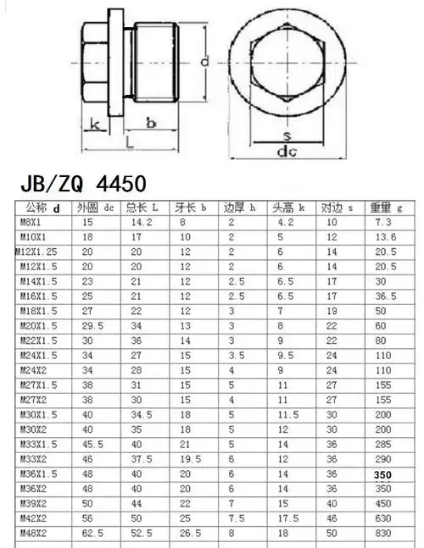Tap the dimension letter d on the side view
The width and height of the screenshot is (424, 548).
204,62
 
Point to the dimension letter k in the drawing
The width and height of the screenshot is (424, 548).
95,125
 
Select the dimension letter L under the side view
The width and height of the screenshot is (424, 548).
128,144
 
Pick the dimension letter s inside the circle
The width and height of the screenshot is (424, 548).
287,136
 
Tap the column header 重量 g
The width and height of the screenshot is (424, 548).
387,208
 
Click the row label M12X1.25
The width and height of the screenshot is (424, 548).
36,251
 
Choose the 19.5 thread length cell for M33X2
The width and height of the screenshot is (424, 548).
190,457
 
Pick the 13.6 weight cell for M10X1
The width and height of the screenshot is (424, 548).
385,236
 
